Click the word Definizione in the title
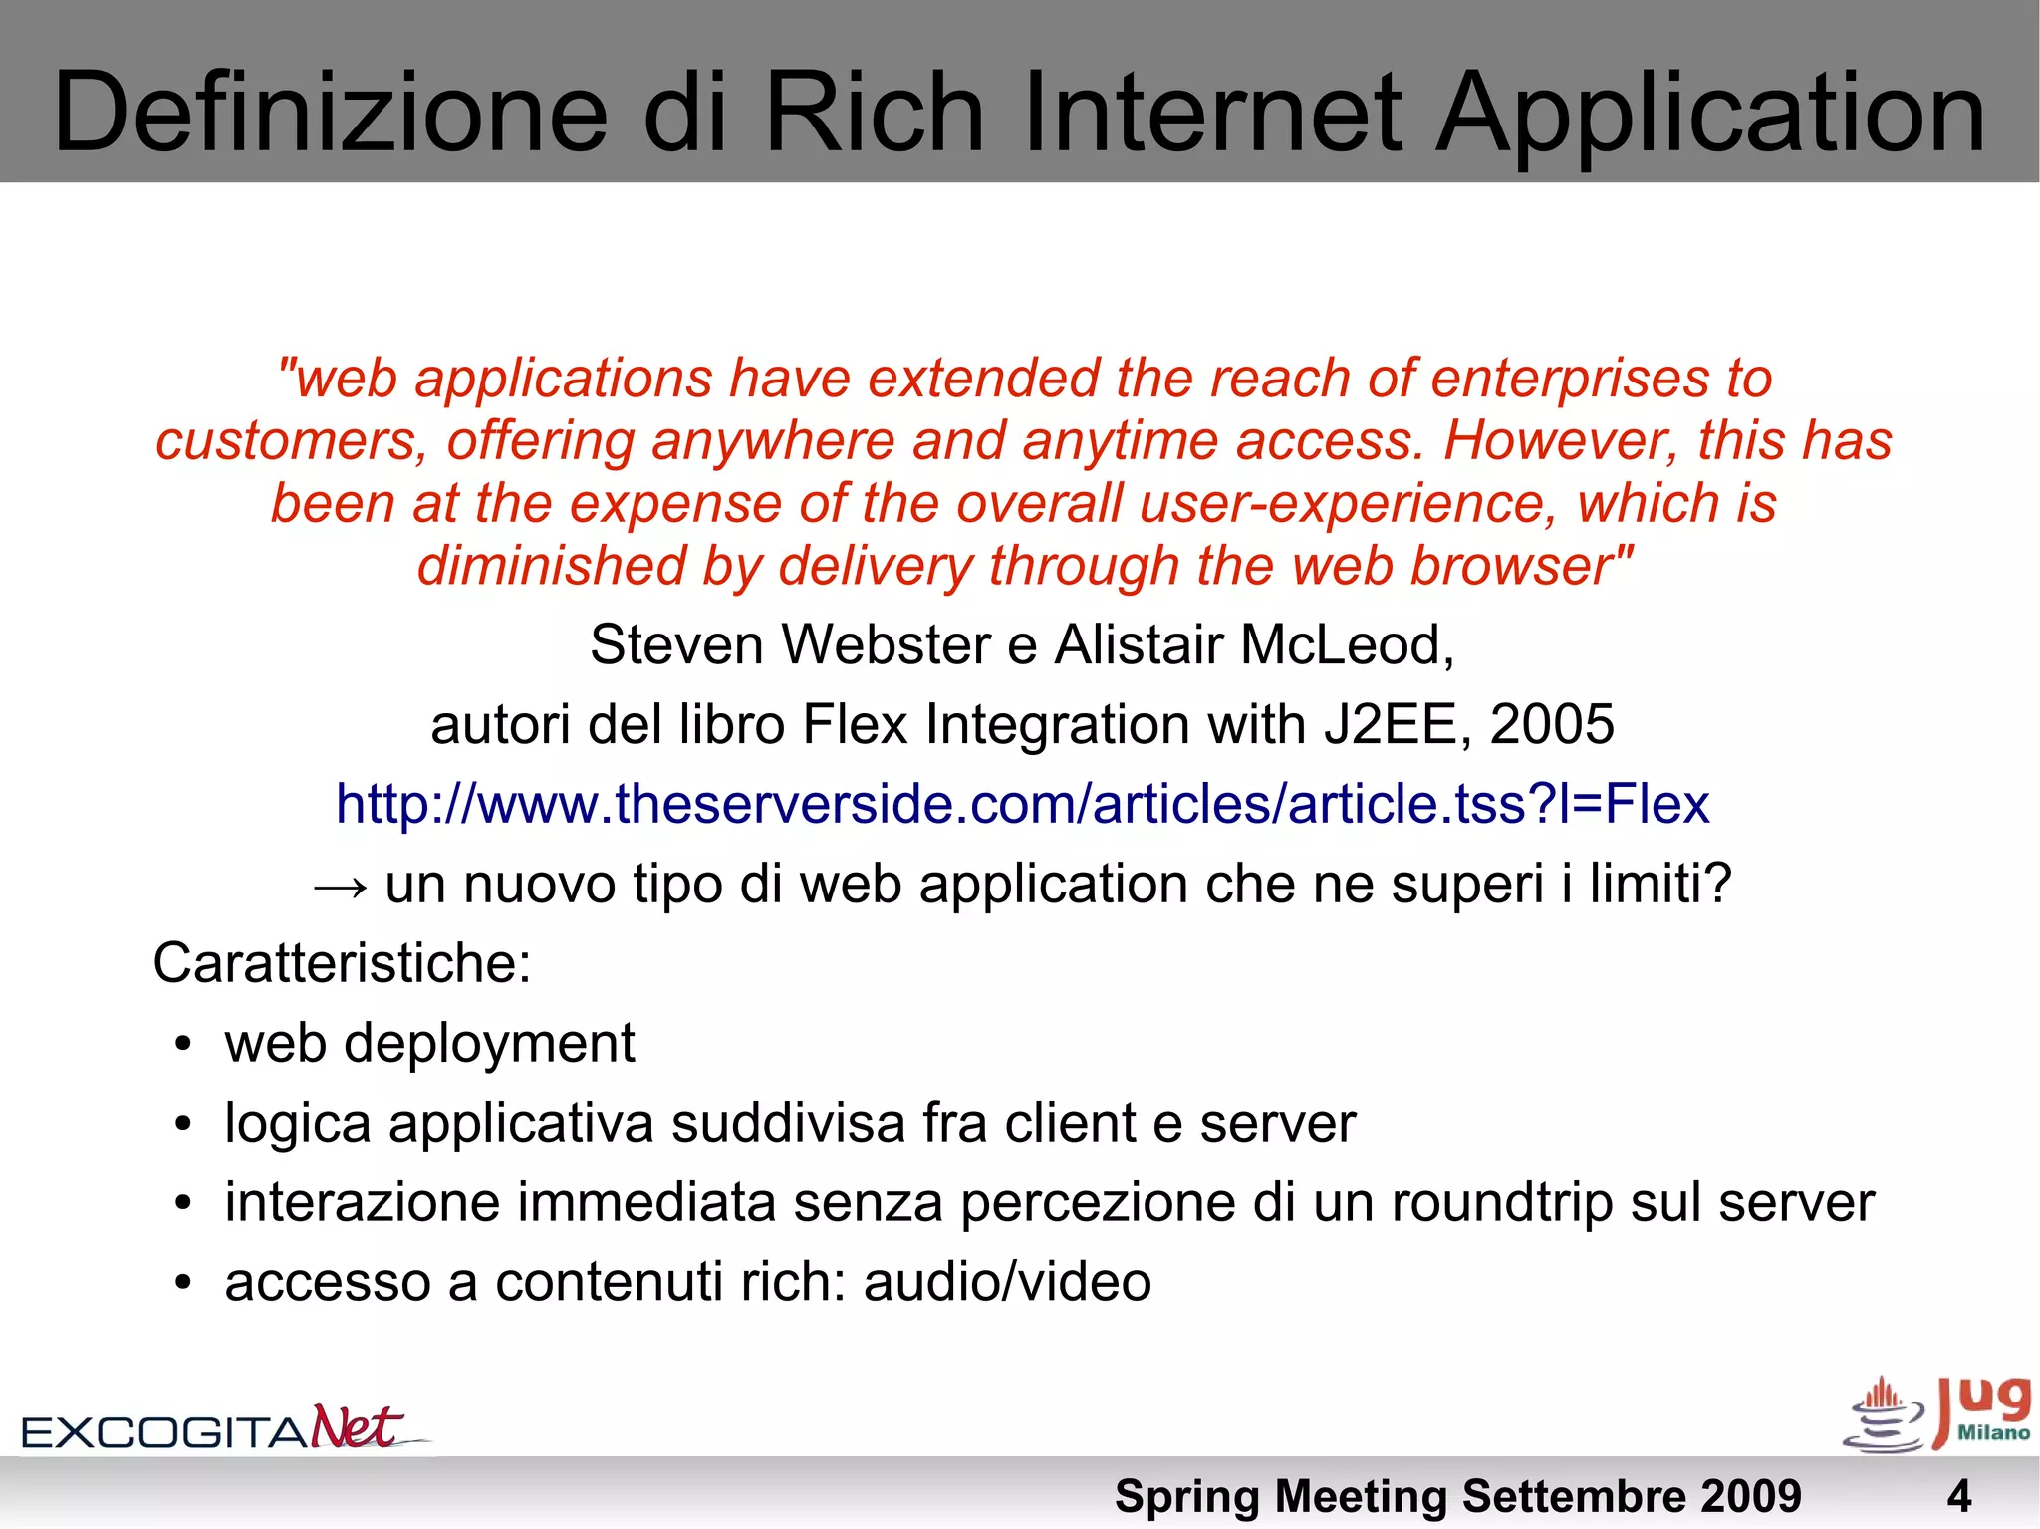(330, 112)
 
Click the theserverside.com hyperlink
(1022, 804)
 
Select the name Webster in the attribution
(886, 644)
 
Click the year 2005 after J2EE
(1551, 724)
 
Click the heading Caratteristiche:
(342, 963)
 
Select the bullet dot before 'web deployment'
(181, 1045)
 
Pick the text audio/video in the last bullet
(1007, 1282)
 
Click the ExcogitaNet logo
(225, 1427)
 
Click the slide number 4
(1958, 1496)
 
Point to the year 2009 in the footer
(1750, 1496)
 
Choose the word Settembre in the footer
(1573, 1496)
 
